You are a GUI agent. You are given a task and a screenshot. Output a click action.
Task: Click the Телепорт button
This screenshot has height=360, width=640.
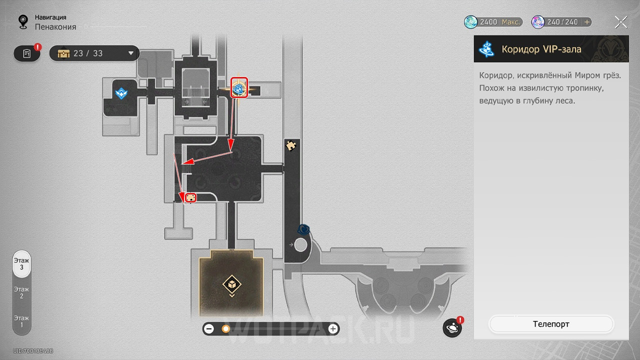pos(551,323)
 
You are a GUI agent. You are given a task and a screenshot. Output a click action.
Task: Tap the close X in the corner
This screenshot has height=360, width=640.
pos(621,22)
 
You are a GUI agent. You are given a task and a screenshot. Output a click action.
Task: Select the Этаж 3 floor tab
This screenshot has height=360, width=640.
pos(21,263)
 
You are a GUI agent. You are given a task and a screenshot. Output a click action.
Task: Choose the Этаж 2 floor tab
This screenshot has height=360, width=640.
pos(21,292)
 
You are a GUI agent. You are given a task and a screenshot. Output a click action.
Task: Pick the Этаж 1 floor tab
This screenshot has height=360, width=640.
pos(21,321)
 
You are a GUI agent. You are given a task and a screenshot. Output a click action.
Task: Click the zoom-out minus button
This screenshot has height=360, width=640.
pos(209,329)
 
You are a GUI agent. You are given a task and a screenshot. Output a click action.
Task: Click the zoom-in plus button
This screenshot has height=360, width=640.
pos(332,329)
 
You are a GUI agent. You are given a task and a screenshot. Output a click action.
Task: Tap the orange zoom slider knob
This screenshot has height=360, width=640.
pos(225,329)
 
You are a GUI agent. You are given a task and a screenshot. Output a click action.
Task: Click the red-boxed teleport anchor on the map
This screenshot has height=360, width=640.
pos(239,87)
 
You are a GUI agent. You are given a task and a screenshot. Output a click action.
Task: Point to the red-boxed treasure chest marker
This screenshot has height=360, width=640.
pos(190,197)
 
